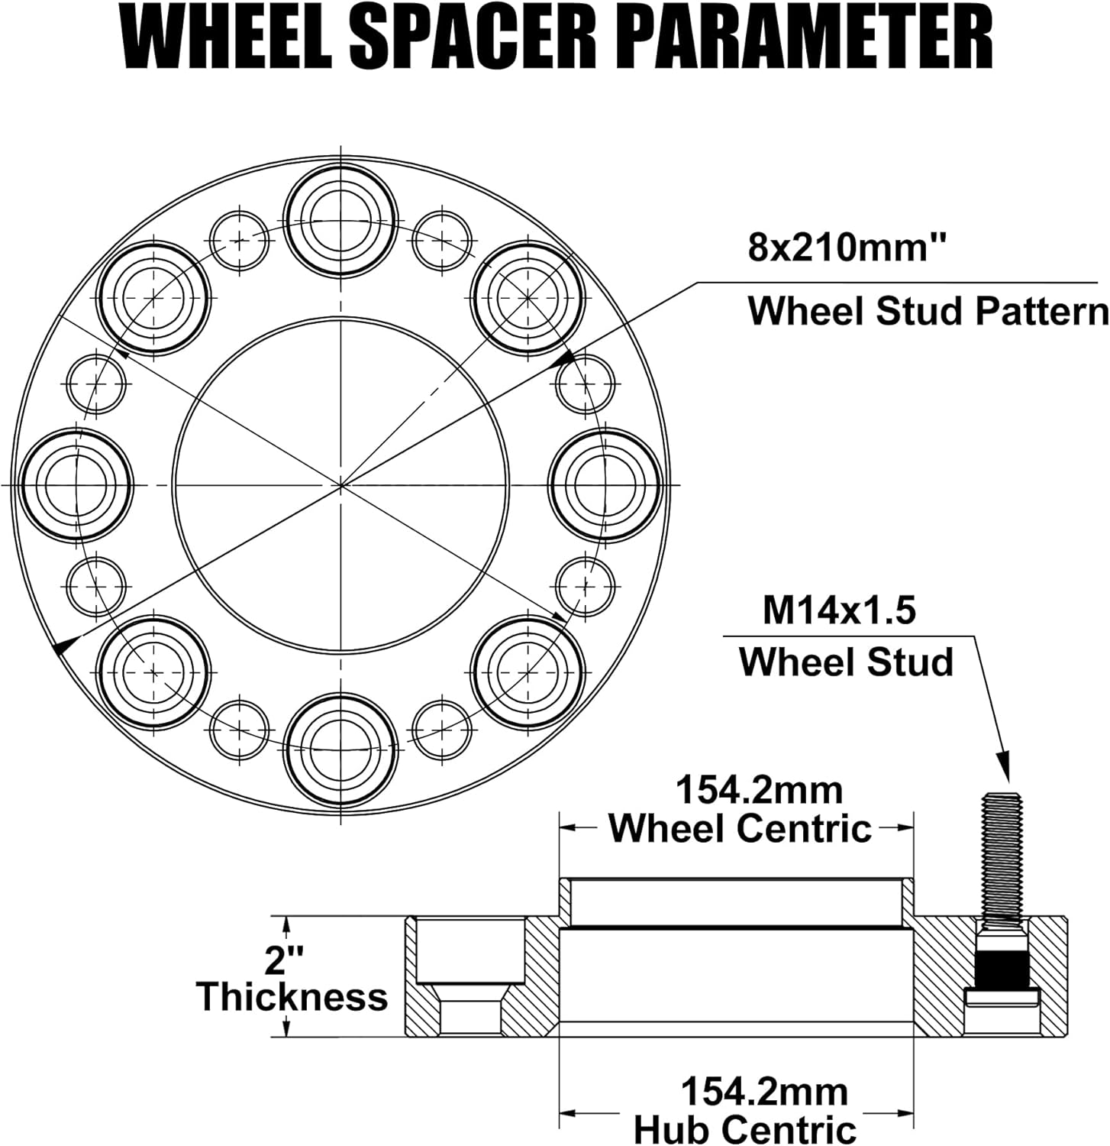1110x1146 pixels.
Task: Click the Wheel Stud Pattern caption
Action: click(928, 312)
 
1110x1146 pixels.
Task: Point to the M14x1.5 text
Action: click(839, 611)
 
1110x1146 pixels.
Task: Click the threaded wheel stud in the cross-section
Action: click(1002, 856)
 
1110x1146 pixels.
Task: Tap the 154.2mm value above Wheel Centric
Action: click(760, 790)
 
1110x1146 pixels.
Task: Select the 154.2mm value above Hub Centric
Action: click(763, 1092)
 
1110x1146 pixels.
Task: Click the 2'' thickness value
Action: click(284, 960)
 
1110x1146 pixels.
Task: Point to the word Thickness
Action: click(292, 997)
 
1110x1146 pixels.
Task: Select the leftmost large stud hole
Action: click(77, 484)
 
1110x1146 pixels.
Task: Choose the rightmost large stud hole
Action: click(605, 484)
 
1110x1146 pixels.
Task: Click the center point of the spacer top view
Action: click(340, 484)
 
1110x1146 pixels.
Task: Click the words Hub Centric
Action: click(745, 1128)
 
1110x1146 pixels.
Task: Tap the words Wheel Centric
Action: click(740, 828)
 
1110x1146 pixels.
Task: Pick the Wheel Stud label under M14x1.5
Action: click(847, 662)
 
